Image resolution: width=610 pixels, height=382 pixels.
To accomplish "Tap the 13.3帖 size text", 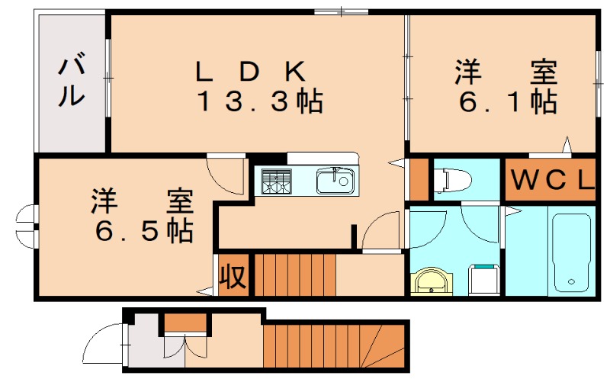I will point(259,101).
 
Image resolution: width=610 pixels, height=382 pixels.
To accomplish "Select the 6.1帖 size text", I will point(506,101).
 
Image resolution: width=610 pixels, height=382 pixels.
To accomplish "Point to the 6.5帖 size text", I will point(143,230).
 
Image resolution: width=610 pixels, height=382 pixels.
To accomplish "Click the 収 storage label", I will point(233,277).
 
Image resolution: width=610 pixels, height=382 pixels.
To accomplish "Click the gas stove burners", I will point(276,181).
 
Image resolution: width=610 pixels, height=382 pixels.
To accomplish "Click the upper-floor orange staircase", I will point(294,274).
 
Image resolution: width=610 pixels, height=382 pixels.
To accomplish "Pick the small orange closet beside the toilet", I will point(419,178).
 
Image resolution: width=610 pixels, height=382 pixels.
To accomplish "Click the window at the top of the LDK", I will point(340,11).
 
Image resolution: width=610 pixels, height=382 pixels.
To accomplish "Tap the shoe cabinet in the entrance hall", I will point(185,323).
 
